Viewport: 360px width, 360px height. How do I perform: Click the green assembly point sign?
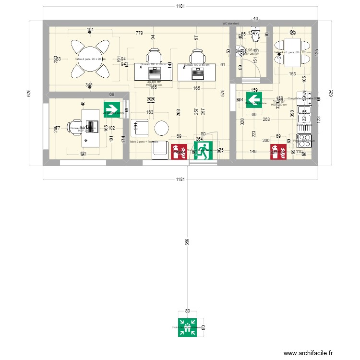pos(188,328)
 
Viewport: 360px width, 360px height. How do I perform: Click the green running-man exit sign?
pos(204,150)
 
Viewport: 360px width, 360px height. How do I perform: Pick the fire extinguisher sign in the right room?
pos(279,151)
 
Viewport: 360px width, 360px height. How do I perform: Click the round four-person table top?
pos(90,59)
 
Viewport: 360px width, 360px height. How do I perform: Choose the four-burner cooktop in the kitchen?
pos(305,140)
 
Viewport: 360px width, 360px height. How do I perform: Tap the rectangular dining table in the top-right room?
pos(291,52)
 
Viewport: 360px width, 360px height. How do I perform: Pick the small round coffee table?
pos(162,128)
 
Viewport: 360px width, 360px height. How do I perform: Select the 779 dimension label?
pos(139,33)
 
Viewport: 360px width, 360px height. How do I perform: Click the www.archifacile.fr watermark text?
pos(307,353)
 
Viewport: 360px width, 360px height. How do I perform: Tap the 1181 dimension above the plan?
pos(180,6)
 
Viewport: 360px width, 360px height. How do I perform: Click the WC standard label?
pos(231,23)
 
